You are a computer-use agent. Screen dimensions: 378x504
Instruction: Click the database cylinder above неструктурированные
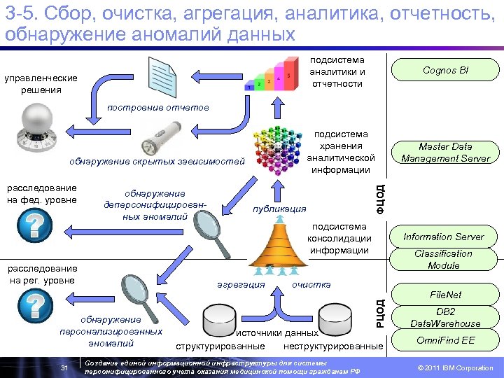[x=333, y=321]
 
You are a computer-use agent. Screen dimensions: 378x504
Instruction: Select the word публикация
[x=279, y=209]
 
